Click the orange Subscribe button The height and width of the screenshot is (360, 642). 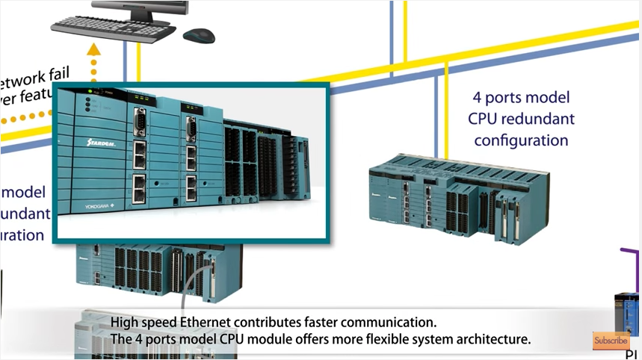(x=611, y=341)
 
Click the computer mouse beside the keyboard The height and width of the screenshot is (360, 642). (x=198, y=35)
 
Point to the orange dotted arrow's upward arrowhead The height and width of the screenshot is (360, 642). (x=93, y=51)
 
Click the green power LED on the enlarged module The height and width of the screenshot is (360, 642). (x=89, y=93)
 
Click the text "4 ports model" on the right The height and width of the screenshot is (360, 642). (x=522, y=98)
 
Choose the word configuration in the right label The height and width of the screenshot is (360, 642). (x=521, y=140)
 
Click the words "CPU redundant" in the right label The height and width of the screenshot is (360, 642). (x=522, y=119)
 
